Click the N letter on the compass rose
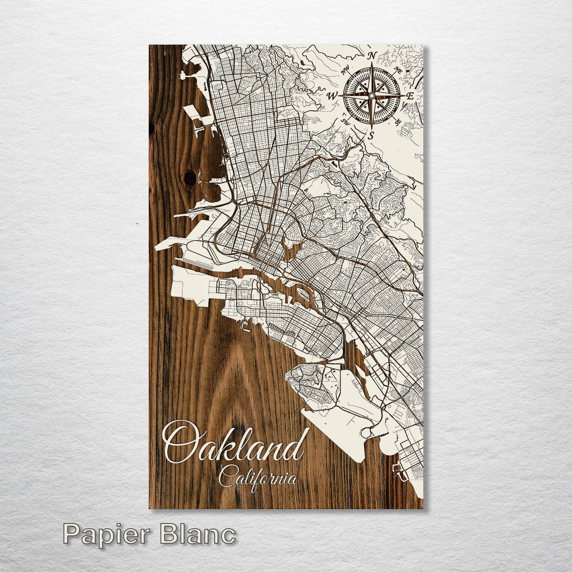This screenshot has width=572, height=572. [372, 56]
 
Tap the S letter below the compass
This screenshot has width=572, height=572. [371, 136]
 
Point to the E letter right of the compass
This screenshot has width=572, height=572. [411, 96]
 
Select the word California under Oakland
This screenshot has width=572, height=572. [258, 478]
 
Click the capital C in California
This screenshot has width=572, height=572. [227, 478]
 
